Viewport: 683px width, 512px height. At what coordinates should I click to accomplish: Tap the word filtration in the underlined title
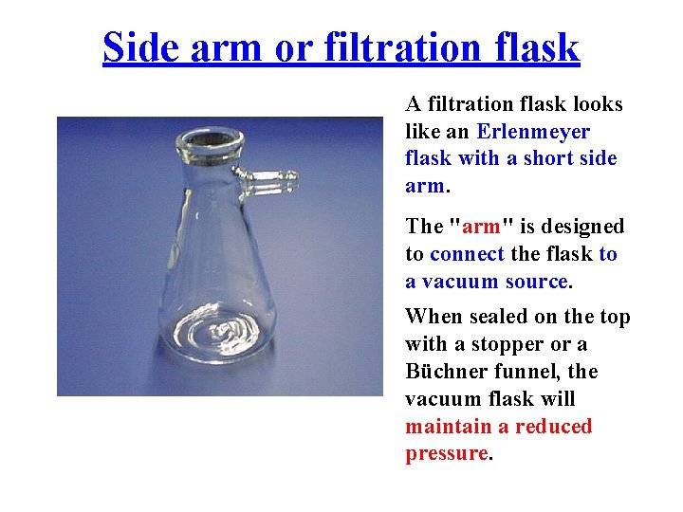tap(402, 46)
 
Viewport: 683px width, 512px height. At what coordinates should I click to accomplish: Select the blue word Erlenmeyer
tap(533, 132)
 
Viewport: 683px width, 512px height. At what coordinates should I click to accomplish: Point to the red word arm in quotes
tap(481, 227)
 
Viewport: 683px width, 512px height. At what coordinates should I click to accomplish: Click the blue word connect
tap(467, 254)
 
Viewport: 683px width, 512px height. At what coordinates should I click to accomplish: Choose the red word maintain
tap(452, 427)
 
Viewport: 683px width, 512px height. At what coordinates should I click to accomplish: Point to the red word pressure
tap(446, 454)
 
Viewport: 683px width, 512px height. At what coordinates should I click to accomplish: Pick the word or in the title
tap(290, 46)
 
